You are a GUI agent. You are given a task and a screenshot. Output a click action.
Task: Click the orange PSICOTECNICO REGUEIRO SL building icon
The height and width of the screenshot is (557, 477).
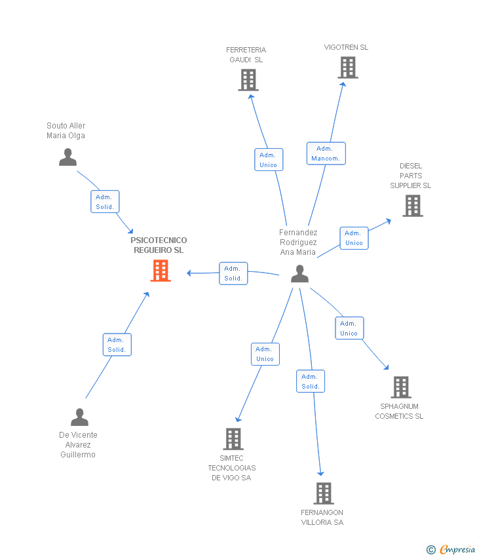pos(161,271)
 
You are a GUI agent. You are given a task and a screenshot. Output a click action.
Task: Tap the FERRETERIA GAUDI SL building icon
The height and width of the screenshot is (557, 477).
pos(248,80)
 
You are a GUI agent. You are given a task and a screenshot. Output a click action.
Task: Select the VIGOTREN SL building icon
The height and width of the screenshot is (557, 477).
pos(348,67)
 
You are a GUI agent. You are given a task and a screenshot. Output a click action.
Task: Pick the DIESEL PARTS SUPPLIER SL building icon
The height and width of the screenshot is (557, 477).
pos(412,206)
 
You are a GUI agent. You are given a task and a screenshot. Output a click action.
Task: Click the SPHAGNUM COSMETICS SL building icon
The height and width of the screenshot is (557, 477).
pos(400,387)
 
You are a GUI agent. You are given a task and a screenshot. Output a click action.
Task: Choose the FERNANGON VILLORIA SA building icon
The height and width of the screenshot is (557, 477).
pos(323,493)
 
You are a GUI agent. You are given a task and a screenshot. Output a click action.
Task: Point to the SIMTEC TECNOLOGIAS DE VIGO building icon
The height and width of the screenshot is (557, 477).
pos(233,439)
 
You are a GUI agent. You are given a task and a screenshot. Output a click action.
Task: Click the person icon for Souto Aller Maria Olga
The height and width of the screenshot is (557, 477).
pos(67,157)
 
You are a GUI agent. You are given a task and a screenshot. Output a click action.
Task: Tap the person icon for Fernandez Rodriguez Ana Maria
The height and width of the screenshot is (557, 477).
pos(299,274)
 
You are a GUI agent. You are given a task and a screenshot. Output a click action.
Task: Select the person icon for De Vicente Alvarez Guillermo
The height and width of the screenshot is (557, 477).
pos(79,417)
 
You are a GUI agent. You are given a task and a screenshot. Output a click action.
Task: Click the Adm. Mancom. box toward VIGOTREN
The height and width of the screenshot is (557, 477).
pos(326,153)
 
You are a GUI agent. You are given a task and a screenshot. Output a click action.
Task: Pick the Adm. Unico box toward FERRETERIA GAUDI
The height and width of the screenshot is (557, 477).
pos(269,160)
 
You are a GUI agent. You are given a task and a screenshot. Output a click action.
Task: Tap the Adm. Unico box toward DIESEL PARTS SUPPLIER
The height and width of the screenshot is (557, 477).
pos(354,238)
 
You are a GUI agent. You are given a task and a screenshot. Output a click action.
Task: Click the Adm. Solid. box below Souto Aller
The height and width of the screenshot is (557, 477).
pos(105,202)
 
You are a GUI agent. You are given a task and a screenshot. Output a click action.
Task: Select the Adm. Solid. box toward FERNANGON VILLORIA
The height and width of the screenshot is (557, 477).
pos(311,381)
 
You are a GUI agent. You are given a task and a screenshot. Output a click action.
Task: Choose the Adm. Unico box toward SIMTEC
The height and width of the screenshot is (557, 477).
pos(265,354)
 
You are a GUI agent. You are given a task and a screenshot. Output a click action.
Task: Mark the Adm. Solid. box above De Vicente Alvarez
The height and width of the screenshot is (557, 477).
pos(117,345)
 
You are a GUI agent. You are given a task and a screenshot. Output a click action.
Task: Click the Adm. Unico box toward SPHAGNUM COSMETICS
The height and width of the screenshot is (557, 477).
pos(349,328)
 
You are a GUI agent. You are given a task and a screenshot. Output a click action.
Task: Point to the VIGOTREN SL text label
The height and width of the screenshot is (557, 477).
pos(346,47)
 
